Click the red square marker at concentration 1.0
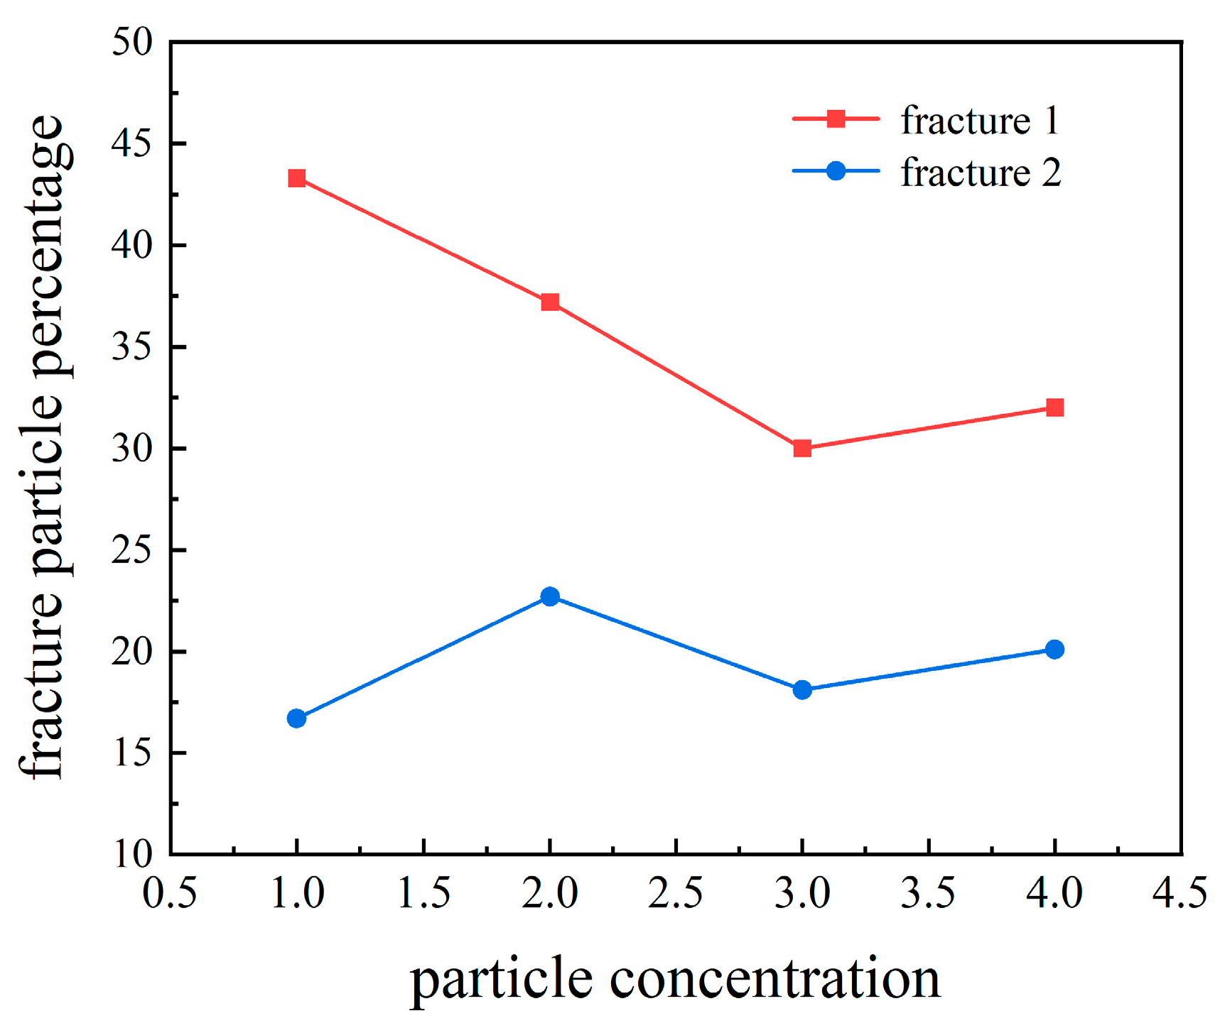tap(297, 178)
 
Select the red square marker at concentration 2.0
tap(550, 302)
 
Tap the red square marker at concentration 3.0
tap(802, 448)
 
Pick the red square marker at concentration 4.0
tap(1055, 408)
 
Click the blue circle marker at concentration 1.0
tap(297, 718)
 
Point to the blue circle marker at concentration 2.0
tap(550, 596)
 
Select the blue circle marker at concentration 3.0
tap(802, 689)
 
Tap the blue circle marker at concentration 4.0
tap(1055, 650)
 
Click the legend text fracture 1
tap(980, 120)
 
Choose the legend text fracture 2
tap(981, 173)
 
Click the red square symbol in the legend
tap(836, 119)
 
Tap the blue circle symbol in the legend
tap(836, 171)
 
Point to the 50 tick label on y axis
tap(132, 43)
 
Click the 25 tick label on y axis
tap(132, 550)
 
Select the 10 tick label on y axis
tap(132, 854)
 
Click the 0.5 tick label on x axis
tap(170, 892)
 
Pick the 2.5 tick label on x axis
tap(676, 892)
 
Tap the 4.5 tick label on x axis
tap(1180, 892)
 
